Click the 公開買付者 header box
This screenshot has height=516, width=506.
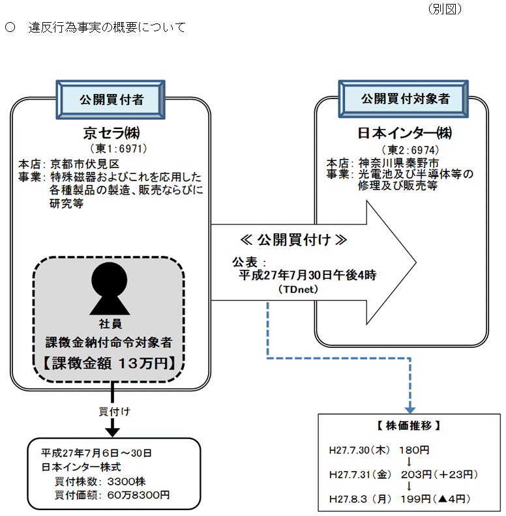coord(111,99)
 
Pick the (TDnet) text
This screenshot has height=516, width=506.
coord(297,288)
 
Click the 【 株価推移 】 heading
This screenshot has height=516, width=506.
coord(409,426)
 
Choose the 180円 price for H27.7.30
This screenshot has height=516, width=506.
coord(415,450)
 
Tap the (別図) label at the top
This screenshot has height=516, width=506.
coord(445,9)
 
